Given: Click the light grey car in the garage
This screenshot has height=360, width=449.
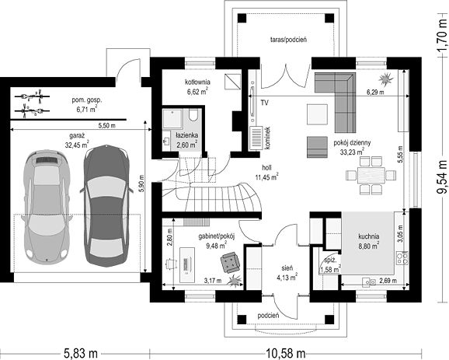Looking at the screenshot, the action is click(x=47, y=207).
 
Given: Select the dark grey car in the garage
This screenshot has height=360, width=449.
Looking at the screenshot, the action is click(x=106, y=206).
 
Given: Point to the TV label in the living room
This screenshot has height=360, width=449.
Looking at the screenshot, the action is click(x=265, y=103).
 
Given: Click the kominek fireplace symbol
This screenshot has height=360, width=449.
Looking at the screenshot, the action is click(x=256, y=138).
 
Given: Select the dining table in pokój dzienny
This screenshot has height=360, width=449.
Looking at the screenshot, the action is click(x=371, y=174).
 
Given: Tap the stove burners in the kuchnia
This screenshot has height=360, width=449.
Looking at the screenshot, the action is click(x=402, y=258).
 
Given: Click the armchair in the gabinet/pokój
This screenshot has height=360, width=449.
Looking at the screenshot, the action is click(x=230, y=261).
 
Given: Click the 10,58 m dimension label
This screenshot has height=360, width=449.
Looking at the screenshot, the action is click(x=286, y=353).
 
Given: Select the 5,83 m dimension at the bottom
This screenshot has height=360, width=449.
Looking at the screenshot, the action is click(x=81, y=353).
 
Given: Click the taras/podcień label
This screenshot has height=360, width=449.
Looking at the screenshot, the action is click(x=289, y=40).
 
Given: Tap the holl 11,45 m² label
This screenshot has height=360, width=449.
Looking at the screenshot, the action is click(x=267, y=173).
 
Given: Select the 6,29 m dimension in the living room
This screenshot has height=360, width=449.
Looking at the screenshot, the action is click(x=375, y=93).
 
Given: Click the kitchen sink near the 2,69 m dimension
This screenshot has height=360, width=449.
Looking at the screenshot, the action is click(x=369, y=282).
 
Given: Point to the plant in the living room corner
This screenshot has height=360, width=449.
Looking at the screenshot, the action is click(x=385, y=79).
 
